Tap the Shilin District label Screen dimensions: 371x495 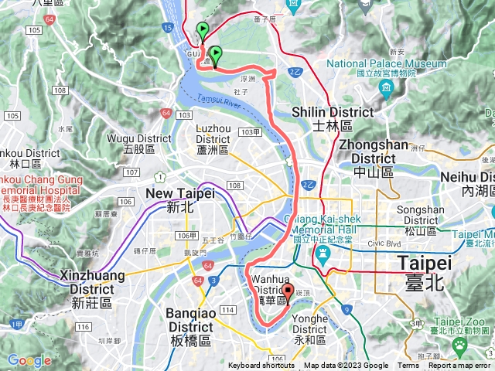(x=333, y=118)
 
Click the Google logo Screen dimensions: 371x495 (x=29, y=360)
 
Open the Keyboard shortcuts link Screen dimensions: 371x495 (x=262, y=366)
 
